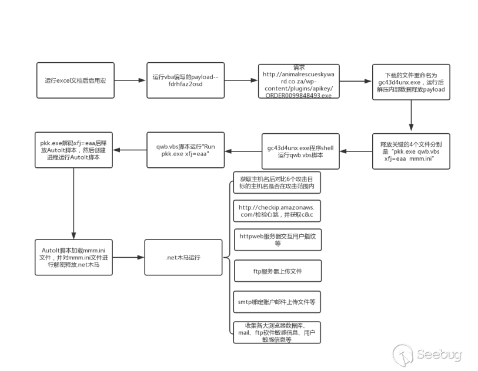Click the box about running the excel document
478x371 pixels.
pyautogui.click(x=75, y=80)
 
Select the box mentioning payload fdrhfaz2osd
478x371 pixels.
pyautogui.click(x=185, y=80)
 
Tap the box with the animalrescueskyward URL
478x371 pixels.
pyautogui.click(x=299, y=81)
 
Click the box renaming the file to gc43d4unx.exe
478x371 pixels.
pyautogui.click(x=411, y=82)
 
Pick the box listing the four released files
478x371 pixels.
pyautogui.click(x=411, y=151)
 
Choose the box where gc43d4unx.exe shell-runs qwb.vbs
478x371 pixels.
pyautogui.click(x=300, y=151)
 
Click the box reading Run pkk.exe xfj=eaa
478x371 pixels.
pyautogui.click(x=185, y=150)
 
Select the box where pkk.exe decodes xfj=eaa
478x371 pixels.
pyautogui.click(x=73, y=150)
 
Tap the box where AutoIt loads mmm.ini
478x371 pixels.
pyautogui.click(x=73, y=258)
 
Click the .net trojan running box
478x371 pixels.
pyautogui.click(x=183, y=258)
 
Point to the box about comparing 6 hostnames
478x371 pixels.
pyautogui.click(x=277, y=183)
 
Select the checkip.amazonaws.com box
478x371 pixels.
pyautogui.click(x=277, y=211)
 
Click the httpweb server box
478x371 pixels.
pyautogui.click(x=278, y=240)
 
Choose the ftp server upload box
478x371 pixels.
pyautogui.click(x=278, y=271)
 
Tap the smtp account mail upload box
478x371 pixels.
pyautogui.click(x=277, y=302)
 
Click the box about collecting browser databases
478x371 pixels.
pyautogui.click(x=277, y=333)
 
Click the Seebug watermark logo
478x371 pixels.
pyautogui.click(x=427, y=355)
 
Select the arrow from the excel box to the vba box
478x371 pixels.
pyautogui.click(x=130, y=80)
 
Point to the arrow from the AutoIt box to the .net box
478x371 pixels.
pyautogui.click(x=128, y=258)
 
